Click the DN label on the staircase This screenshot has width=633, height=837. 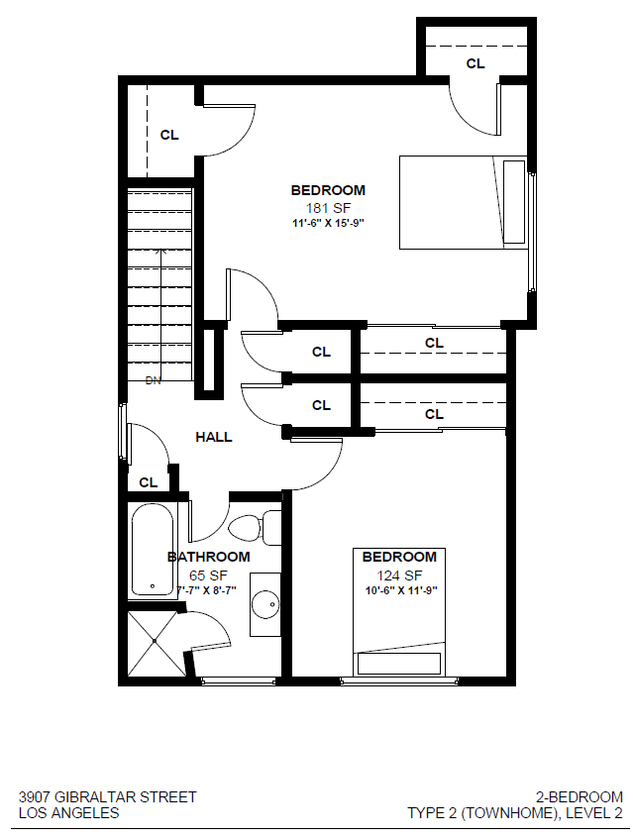(153, 380)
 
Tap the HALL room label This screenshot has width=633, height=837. (214, 437)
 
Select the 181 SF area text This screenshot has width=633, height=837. (327, 207)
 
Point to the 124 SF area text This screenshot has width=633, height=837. (399, 575)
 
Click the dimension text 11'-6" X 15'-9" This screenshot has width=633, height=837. (327, 223)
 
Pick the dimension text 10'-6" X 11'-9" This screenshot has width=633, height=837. (399, 590)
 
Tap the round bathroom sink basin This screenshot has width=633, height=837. (264, 603)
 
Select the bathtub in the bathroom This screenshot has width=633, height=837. (153, 550)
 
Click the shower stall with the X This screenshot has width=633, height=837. (155, 642)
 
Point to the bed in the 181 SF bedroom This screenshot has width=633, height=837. (462, 202)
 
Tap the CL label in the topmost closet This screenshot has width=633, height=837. (475, 63)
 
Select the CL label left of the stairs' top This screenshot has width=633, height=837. (169, 135)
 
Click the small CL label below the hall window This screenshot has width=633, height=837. (149, 482)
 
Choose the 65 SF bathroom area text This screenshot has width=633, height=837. (207, 574)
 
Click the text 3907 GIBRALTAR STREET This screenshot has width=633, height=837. (108, 796)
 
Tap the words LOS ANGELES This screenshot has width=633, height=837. (69, 813)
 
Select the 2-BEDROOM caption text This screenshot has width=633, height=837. (579, 796)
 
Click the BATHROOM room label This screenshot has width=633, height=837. (208, 557)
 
